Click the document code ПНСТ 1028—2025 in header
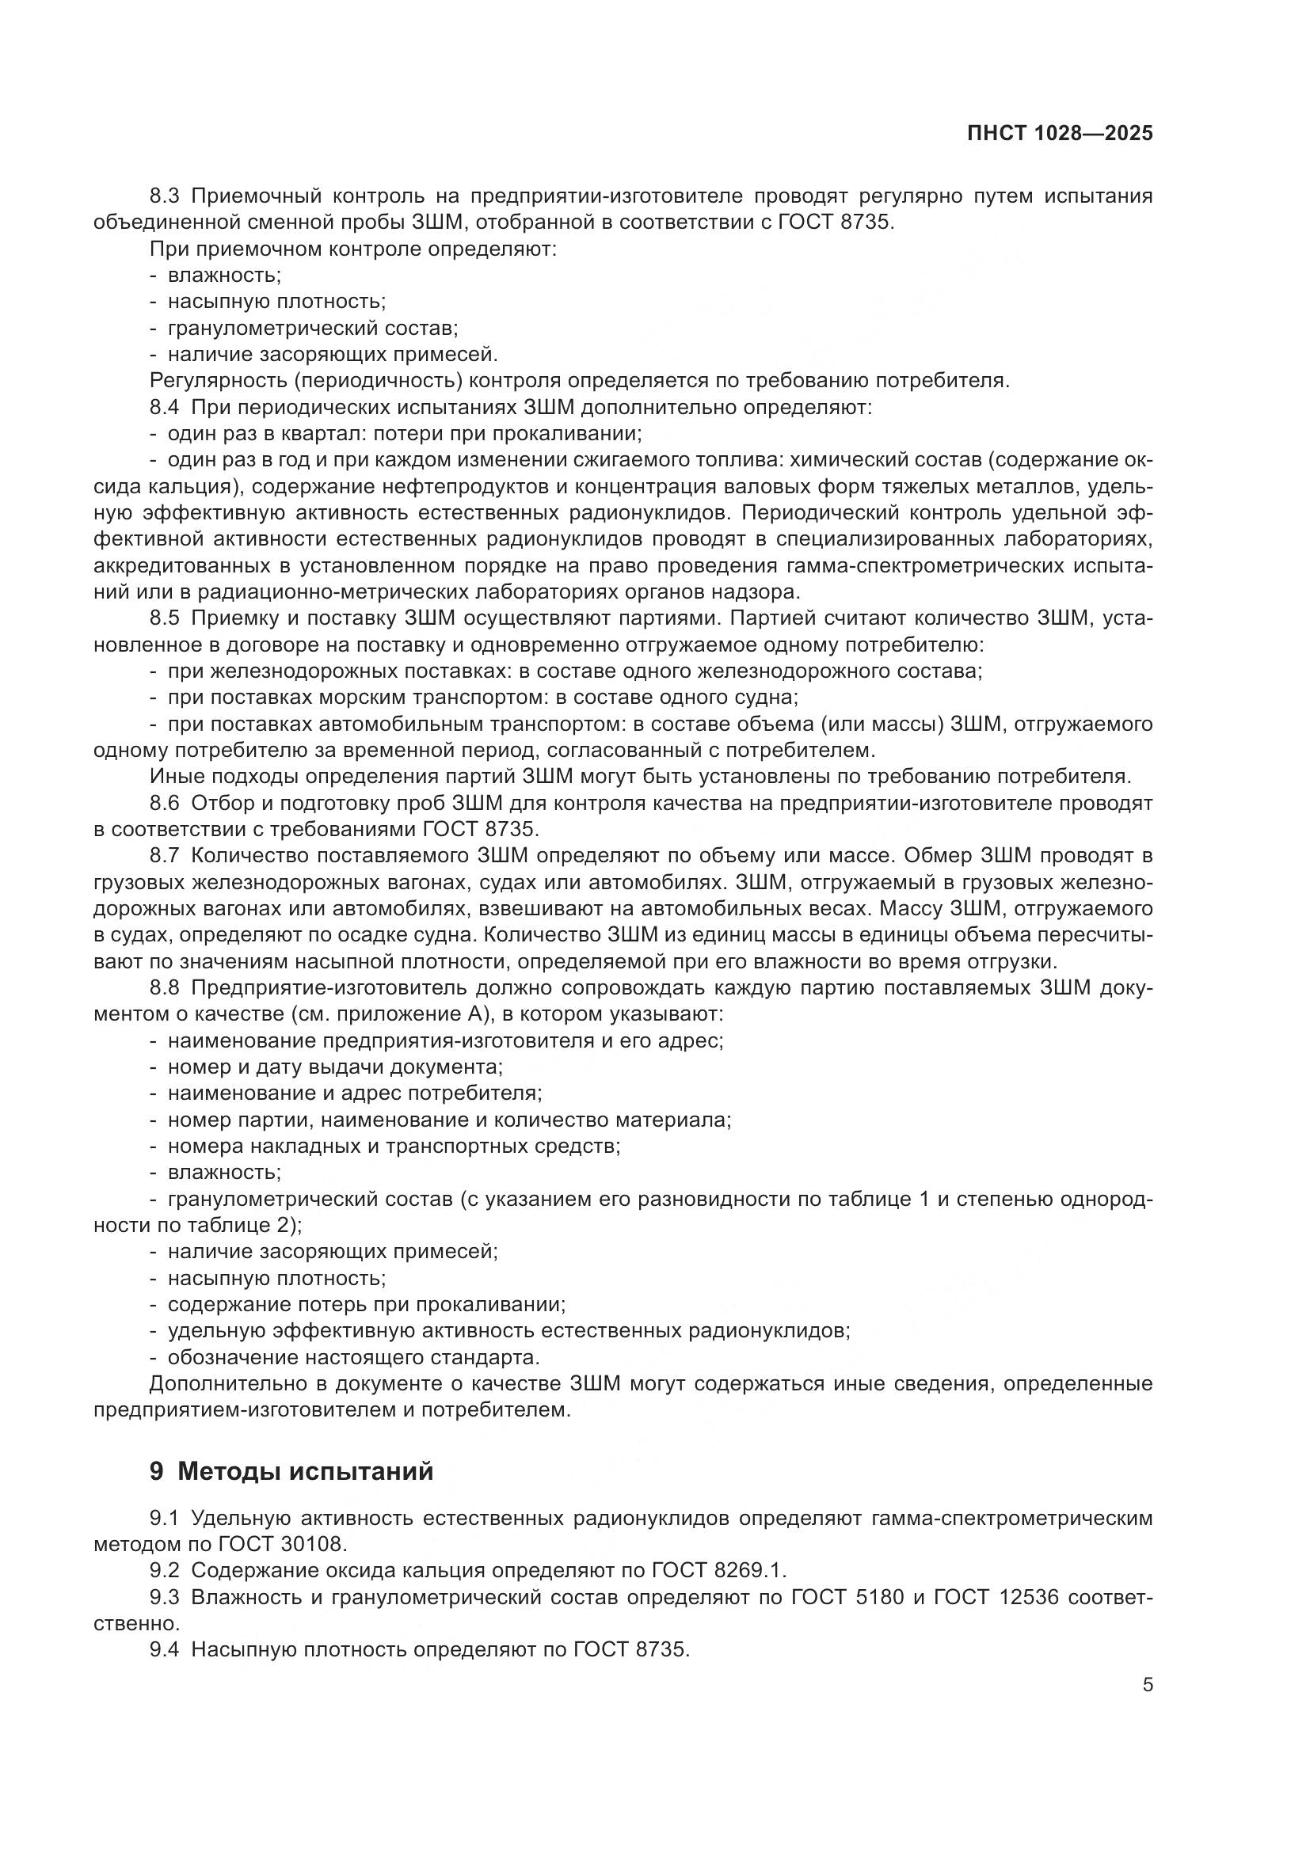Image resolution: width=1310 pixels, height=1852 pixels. pos(1060,134)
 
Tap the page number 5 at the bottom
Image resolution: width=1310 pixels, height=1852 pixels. pos(1148,1684)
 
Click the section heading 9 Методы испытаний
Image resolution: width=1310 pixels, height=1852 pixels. pos(291,1470)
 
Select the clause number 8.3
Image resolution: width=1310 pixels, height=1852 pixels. pos(168,196)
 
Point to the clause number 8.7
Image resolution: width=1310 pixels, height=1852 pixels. pos(168,856)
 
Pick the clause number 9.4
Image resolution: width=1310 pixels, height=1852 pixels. pos(168,1649)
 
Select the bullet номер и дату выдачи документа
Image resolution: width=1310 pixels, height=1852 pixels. pos(335,1067)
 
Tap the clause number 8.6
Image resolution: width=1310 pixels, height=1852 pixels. pos(168,803)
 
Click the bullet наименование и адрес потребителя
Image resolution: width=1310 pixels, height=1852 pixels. pos(354,1093)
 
